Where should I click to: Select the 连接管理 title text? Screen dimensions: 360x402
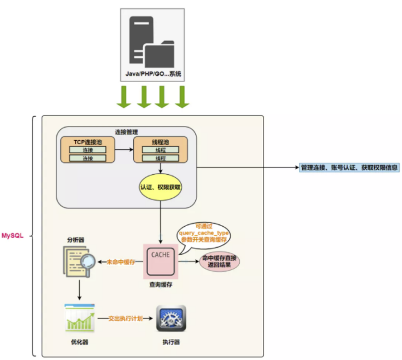coord(127,132)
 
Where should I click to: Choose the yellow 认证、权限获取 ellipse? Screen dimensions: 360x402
coord(161,187)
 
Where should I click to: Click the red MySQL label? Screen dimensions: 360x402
coord(13,235)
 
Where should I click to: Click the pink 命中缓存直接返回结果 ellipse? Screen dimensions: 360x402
coord(218,262)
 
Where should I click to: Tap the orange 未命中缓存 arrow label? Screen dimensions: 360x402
coord(121,262)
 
